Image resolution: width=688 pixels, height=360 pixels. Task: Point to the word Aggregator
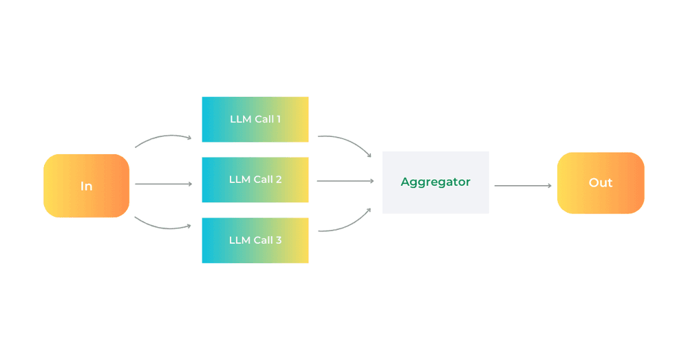[x=436, y=182]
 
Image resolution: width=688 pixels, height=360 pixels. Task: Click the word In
[x=86, y=187]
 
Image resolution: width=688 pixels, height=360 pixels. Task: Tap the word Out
[x=601, y=183]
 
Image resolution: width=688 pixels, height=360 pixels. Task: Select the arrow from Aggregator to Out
[x=523, y=186]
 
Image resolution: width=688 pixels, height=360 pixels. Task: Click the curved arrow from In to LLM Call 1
[x=162, y=138]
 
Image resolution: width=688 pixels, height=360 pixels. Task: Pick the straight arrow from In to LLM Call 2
[x=163, y=184]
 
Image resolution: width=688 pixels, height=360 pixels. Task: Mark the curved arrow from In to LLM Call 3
[x=162, y=224]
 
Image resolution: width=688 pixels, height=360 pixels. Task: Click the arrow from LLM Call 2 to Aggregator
[x=345, y=181]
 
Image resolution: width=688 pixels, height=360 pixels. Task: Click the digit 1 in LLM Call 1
[x=279, y=119]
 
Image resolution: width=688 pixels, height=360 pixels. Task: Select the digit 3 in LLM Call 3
[x=279, y=240]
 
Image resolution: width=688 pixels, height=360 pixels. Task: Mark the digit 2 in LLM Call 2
[x=279, y=180]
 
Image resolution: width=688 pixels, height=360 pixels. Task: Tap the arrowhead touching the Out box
[x=549, y=186]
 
